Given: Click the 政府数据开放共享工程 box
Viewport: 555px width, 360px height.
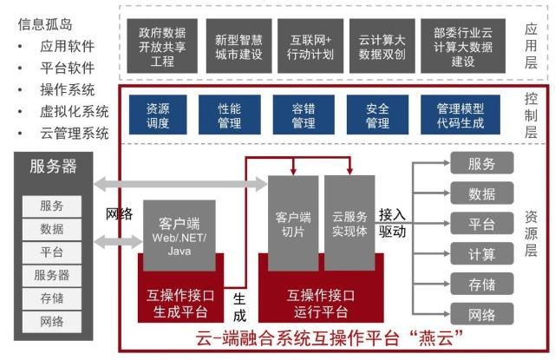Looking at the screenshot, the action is point(162,46).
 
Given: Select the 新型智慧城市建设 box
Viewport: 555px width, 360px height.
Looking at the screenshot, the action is point(239,46).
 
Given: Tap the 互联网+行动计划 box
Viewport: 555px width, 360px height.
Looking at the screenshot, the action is point(310,46).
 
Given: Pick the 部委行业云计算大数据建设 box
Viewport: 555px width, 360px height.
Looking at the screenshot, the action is point(463,46).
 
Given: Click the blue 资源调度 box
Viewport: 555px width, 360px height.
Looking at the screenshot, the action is point(158,115).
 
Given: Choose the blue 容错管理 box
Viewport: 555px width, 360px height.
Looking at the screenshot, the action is point(304,115).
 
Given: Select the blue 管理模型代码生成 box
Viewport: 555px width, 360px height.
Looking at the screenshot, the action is point(460,115).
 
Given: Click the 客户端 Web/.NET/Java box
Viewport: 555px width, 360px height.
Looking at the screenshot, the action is point(180,235).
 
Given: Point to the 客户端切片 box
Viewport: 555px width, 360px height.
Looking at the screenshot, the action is point(293,223).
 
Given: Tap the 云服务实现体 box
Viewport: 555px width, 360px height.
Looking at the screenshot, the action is point(349,223).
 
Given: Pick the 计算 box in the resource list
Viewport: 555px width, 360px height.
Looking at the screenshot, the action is point(482,254).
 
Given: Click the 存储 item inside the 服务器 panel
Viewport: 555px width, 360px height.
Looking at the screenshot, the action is point(52,298).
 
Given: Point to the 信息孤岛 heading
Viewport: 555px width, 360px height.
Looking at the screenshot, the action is point(45,24).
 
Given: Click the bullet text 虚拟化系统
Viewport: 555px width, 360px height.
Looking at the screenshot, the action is point(75,112).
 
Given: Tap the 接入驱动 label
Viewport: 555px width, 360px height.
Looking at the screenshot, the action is point(392,223).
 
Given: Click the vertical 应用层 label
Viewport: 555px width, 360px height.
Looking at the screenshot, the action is point(531,46).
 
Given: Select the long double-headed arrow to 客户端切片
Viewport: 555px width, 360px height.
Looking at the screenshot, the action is point(180,184).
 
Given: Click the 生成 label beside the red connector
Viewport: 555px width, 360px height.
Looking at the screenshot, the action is point(239,307).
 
